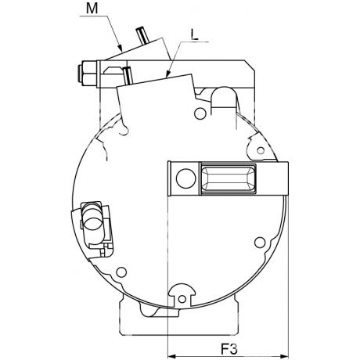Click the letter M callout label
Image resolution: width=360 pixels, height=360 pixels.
(x=92, y=8)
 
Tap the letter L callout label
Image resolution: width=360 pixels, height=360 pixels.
(x=194, y=34)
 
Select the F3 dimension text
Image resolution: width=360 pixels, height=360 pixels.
(x=229, y=349)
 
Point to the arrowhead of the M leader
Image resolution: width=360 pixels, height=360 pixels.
(x=120, y=48)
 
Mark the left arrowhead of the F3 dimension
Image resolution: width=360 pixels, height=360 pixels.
(x=171, y=356)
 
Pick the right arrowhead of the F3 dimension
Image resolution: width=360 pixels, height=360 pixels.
(x=284, y=356)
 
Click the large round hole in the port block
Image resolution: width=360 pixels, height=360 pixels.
(x=185, y=178)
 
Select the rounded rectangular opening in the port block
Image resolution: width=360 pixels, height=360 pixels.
(x=229, y=178)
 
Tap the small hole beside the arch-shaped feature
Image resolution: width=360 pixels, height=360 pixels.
(x=200, y=113)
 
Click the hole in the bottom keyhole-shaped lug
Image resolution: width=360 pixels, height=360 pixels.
(x=182, y=299)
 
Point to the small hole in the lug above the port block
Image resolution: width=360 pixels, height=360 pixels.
(x=261, y=150)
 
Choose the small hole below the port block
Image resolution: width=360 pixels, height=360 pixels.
(x=260, y=243)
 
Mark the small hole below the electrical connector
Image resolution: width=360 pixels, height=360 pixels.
(x=121, y=272)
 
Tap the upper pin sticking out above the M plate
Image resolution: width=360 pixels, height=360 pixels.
(x=142, y=35)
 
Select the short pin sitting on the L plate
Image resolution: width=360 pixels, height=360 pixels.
(x=128, y=76)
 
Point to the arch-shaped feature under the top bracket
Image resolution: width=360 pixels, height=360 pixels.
(x=225, y=98)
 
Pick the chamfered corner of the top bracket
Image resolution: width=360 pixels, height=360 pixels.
(x=250, y=66)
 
